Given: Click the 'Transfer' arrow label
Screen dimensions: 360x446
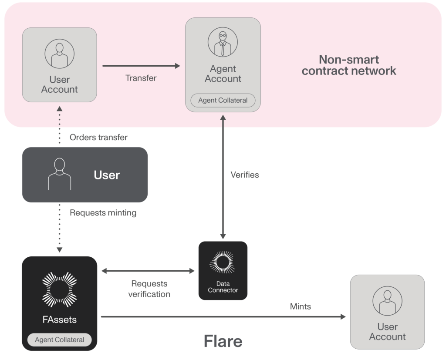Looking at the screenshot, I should [141, 78].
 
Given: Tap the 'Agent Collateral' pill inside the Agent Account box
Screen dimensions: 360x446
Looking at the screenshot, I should [223, 101].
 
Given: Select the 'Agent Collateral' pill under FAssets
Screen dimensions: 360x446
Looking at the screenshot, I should [59, 340].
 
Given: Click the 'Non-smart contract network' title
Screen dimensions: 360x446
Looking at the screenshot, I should [349, 65].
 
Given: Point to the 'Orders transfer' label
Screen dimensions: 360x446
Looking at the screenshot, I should [98, 138].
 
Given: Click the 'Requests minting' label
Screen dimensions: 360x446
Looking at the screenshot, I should [103, 213].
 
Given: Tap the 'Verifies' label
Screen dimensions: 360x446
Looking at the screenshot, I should [244, 175].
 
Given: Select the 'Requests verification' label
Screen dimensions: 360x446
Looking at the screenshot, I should [149, 289].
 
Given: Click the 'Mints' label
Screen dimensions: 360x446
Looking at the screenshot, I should [300, 306].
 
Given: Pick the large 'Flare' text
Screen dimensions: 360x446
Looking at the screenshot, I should [223, 341].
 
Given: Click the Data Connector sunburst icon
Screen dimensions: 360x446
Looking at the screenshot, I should [223, 262].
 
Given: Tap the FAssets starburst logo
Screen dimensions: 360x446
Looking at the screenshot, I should [59, 289].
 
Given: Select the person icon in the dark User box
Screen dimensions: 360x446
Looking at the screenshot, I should [59, 174].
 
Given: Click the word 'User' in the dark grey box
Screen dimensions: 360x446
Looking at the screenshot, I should [107, 175].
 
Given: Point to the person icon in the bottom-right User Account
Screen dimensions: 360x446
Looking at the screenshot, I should [387, 300].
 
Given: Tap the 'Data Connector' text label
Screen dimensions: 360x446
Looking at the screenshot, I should [223, 287].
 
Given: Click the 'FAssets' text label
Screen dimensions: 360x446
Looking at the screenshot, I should [59, 320].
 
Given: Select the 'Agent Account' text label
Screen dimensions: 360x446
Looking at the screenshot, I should [223, 74].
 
